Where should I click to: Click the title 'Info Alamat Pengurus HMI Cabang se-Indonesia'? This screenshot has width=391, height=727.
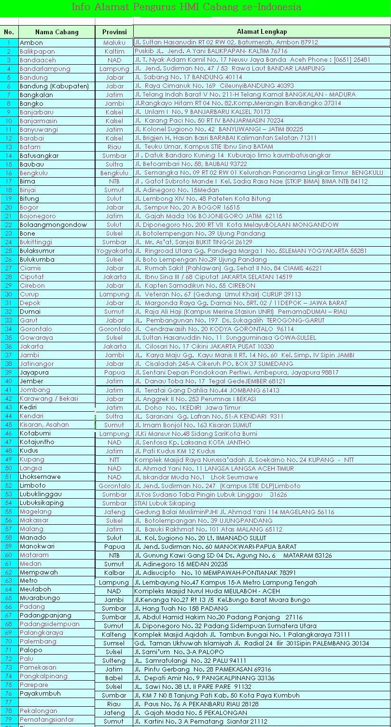point(186,7)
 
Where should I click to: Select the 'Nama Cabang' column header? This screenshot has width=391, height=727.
point(56,32)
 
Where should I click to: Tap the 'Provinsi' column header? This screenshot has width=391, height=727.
point(114,32)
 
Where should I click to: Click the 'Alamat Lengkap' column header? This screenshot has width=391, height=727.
point(262,32)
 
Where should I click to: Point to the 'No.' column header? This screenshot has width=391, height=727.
point(9,32)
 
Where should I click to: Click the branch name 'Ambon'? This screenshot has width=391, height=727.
point(31,42)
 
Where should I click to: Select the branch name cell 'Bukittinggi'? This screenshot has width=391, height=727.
point(36,242)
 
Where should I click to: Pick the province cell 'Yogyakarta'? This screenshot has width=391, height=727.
point(114,251)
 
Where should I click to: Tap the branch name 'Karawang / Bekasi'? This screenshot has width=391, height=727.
point(49,399)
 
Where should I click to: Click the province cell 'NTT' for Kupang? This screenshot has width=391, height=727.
point(114,460)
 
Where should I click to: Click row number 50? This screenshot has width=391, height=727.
point(9,468)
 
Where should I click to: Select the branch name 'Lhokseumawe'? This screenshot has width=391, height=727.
point(40,477)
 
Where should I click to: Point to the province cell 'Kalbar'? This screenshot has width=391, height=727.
point(114,573)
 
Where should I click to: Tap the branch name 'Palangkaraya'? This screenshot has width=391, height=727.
point(42,632)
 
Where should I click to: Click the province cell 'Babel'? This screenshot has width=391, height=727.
point(114,678)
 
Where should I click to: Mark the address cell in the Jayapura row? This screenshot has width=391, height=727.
point(237,373)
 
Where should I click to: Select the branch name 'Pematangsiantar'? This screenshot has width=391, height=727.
point(47,719)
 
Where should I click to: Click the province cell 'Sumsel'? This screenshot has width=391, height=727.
point(114,643)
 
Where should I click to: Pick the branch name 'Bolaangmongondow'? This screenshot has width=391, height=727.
point(53,225)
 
